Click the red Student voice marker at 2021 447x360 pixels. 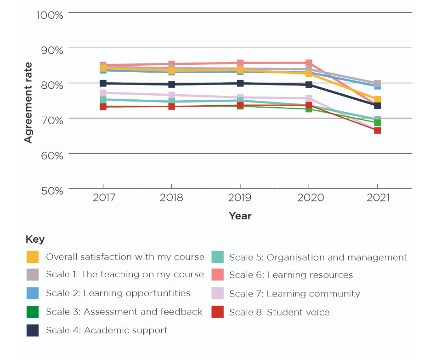click(x=377, y=131)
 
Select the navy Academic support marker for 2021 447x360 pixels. click(x=377, y=106)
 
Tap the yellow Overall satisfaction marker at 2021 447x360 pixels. click(x=377, y=99)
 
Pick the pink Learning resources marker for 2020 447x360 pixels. click(x=309, y=63)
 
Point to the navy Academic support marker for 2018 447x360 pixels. click(x=172, y=84)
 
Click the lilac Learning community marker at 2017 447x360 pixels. click(x=103, y=93)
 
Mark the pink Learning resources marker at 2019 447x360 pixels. click(x=240, y=63)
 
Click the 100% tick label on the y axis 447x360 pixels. click(x=50, y=15)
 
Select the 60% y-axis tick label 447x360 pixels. click(x=50, y=155)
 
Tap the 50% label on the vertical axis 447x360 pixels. click(x=50, y=190)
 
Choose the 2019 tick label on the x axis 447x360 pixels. click(x=240, y=198)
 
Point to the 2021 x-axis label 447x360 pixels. click(x=377, y=198)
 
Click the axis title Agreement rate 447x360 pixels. click(x=28, y=103)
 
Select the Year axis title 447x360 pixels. click(x=240, y=216)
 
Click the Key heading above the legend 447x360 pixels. click(x=35, y=240)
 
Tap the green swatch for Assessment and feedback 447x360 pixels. click(x=33, y=312)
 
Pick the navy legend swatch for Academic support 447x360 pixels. click(x=33, y=331)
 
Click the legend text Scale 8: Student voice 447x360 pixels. click(x=279, y=313)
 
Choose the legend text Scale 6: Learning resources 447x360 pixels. click(x=291, y=275)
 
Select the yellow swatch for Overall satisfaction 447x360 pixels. click(x=33, y=257)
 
